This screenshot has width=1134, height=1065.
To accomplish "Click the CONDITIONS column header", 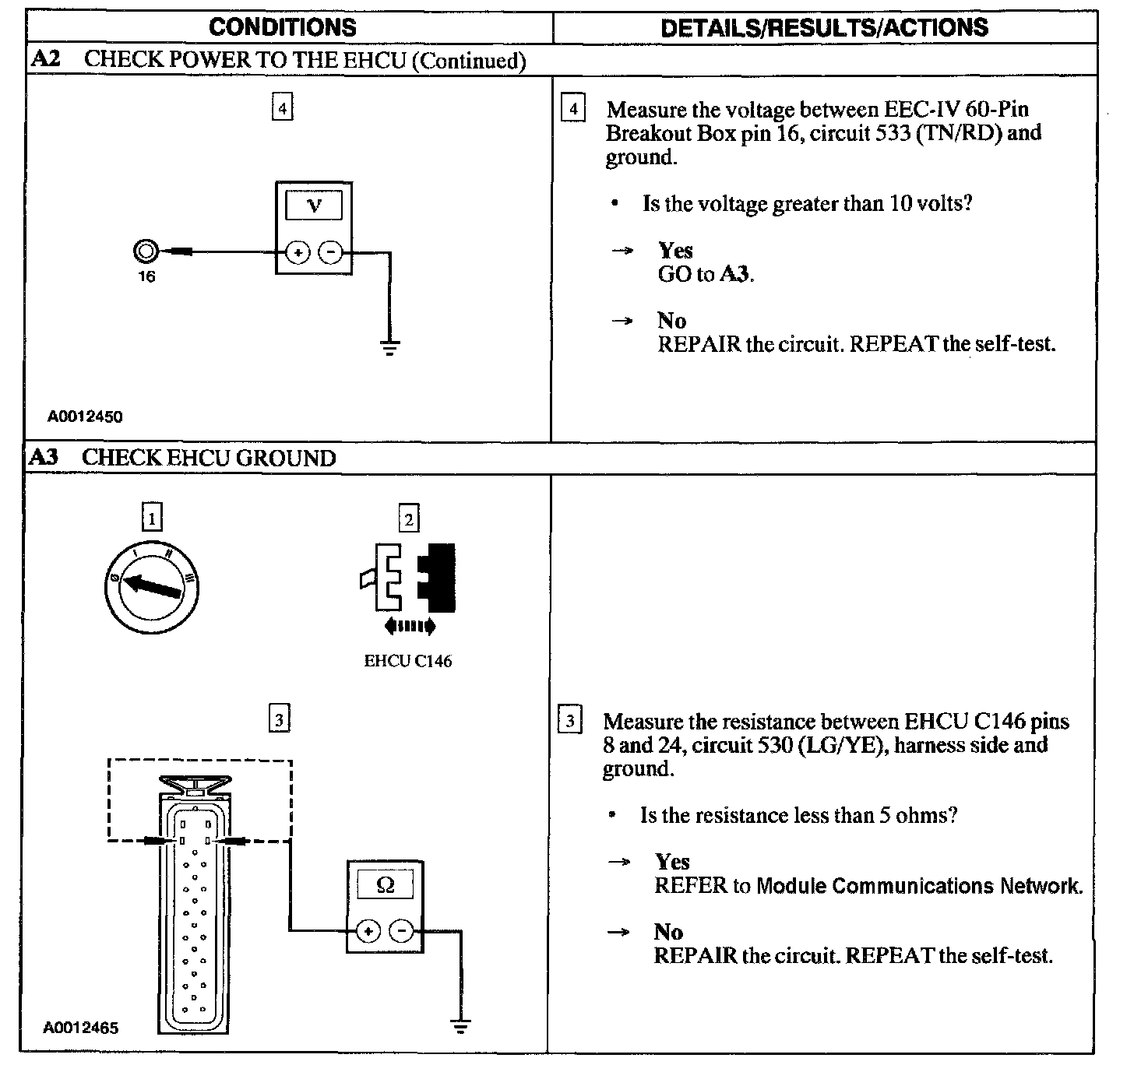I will [x=282, y=27].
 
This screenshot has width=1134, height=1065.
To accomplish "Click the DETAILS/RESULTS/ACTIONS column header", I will [x=824, y=27].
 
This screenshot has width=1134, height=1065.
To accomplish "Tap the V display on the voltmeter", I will [x=314, y=206].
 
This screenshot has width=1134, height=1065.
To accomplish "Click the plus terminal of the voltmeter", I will [x=298, y=252].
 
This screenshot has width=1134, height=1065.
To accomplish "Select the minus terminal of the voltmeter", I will [x=330, y=252].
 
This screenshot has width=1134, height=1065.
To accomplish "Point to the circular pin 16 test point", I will [x=146, y=251].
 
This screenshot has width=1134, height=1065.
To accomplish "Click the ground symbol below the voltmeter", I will [x=389, y=347].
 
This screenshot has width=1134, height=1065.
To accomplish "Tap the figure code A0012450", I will [x=85, y=417].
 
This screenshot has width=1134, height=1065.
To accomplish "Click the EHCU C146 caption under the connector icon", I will [x=408, y=662].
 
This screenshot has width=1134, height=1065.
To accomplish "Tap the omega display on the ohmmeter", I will [x=385, y=885].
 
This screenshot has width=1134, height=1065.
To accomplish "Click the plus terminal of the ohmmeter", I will [x=369, y=930].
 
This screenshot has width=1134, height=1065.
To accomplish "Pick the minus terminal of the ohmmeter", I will [x=401, y=930].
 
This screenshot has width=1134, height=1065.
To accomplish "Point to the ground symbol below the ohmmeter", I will [x=461, y=1026].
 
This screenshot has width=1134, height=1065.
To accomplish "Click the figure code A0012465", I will [x=81, y=1028].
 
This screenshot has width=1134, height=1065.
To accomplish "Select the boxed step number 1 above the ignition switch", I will [x=152, y=517].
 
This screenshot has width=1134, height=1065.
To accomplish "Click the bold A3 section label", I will [x=44, y=457].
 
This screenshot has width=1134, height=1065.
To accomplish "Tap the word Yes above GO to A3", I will [x=675, y=251].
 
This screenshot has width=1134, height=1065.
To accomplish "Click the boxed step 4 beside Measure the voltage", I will [x=573, y=108].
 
